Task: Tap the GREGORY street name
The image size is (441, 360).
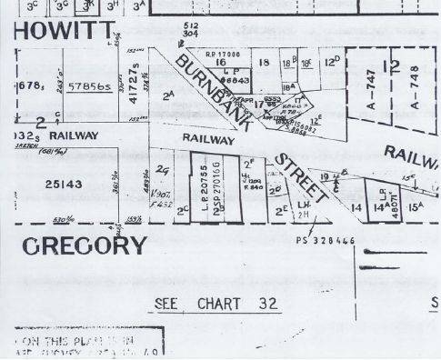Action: (83, 245)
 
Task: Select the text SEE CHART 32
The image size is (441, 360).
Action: (216, 303)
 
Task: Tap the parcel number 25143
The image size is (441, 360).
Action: (65, 183)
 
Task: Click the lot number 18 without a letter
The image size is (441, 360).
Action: (264, 63)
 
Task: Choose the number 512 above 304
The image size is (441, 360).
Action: (190, 25)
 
